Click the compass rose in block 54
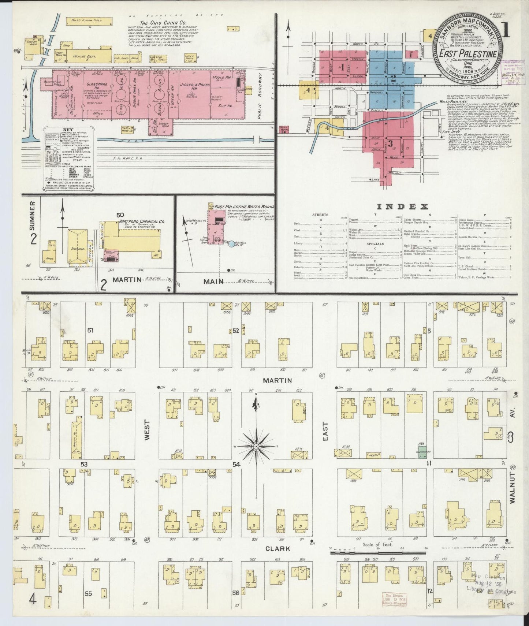click(x=257, y=446)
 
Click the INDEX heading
click(x=402, y=206)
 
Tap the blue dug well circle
click(x=231, y=243)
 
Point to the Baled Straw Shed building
click(x=89, y=21)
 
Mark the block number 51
click(x=90, y=330)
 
